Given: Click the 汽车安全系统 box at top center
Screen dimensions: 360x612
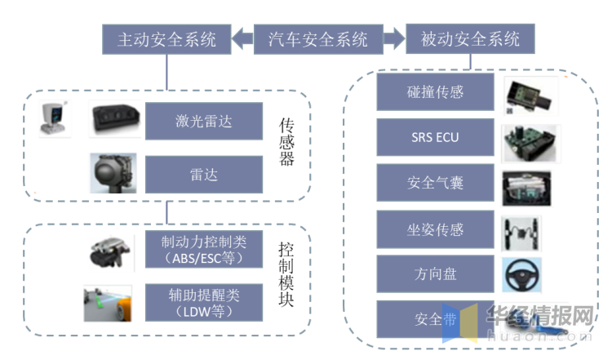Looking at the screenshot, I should (318, 38).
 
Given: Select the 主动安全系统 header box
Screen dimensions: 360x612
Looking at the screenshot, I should (166, 38).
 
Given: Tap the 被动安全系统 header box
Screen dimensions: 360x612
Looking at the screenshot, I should (470, 38).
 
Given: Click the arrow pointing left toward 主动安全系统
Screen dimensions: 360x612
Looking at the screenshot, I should (242, 38).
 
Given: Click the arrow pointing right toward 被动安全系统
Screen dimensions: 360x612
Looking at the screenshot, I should (394, 38).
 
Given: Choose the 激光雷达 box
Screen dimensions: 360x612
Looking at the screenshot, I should (204, 122).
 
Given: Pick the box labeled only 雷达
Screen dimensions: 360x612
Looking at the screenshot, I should (204, 175).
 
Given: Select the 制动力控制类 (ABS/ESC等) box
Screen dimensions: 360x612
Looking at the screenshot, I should (204, 250).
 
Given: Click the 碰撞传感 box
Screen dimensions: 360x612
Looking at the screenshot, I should (434, 92).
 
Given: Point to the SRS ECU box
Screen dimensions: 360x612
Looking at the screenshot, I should (434, 137).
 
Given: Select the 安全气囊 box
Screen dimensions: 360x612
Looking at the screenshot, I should (434, 182).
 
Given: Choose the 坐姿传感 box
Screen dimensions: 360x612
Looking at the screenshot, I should (434, 228).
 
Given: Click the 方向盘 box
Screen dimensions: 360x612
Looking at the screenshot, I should (434, 273).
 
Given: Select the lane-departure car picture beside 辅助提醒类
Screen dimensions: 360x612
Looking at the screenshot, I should (108, 303).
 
